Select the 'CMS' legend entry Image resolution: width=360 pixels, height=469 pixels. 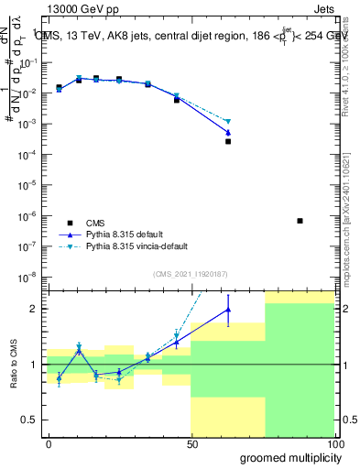[96, 223]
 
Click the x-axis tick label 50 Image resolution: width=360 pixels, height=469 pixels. [191, 444]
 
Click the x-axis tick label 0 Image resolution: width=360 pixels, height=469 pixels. [49, 444]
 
